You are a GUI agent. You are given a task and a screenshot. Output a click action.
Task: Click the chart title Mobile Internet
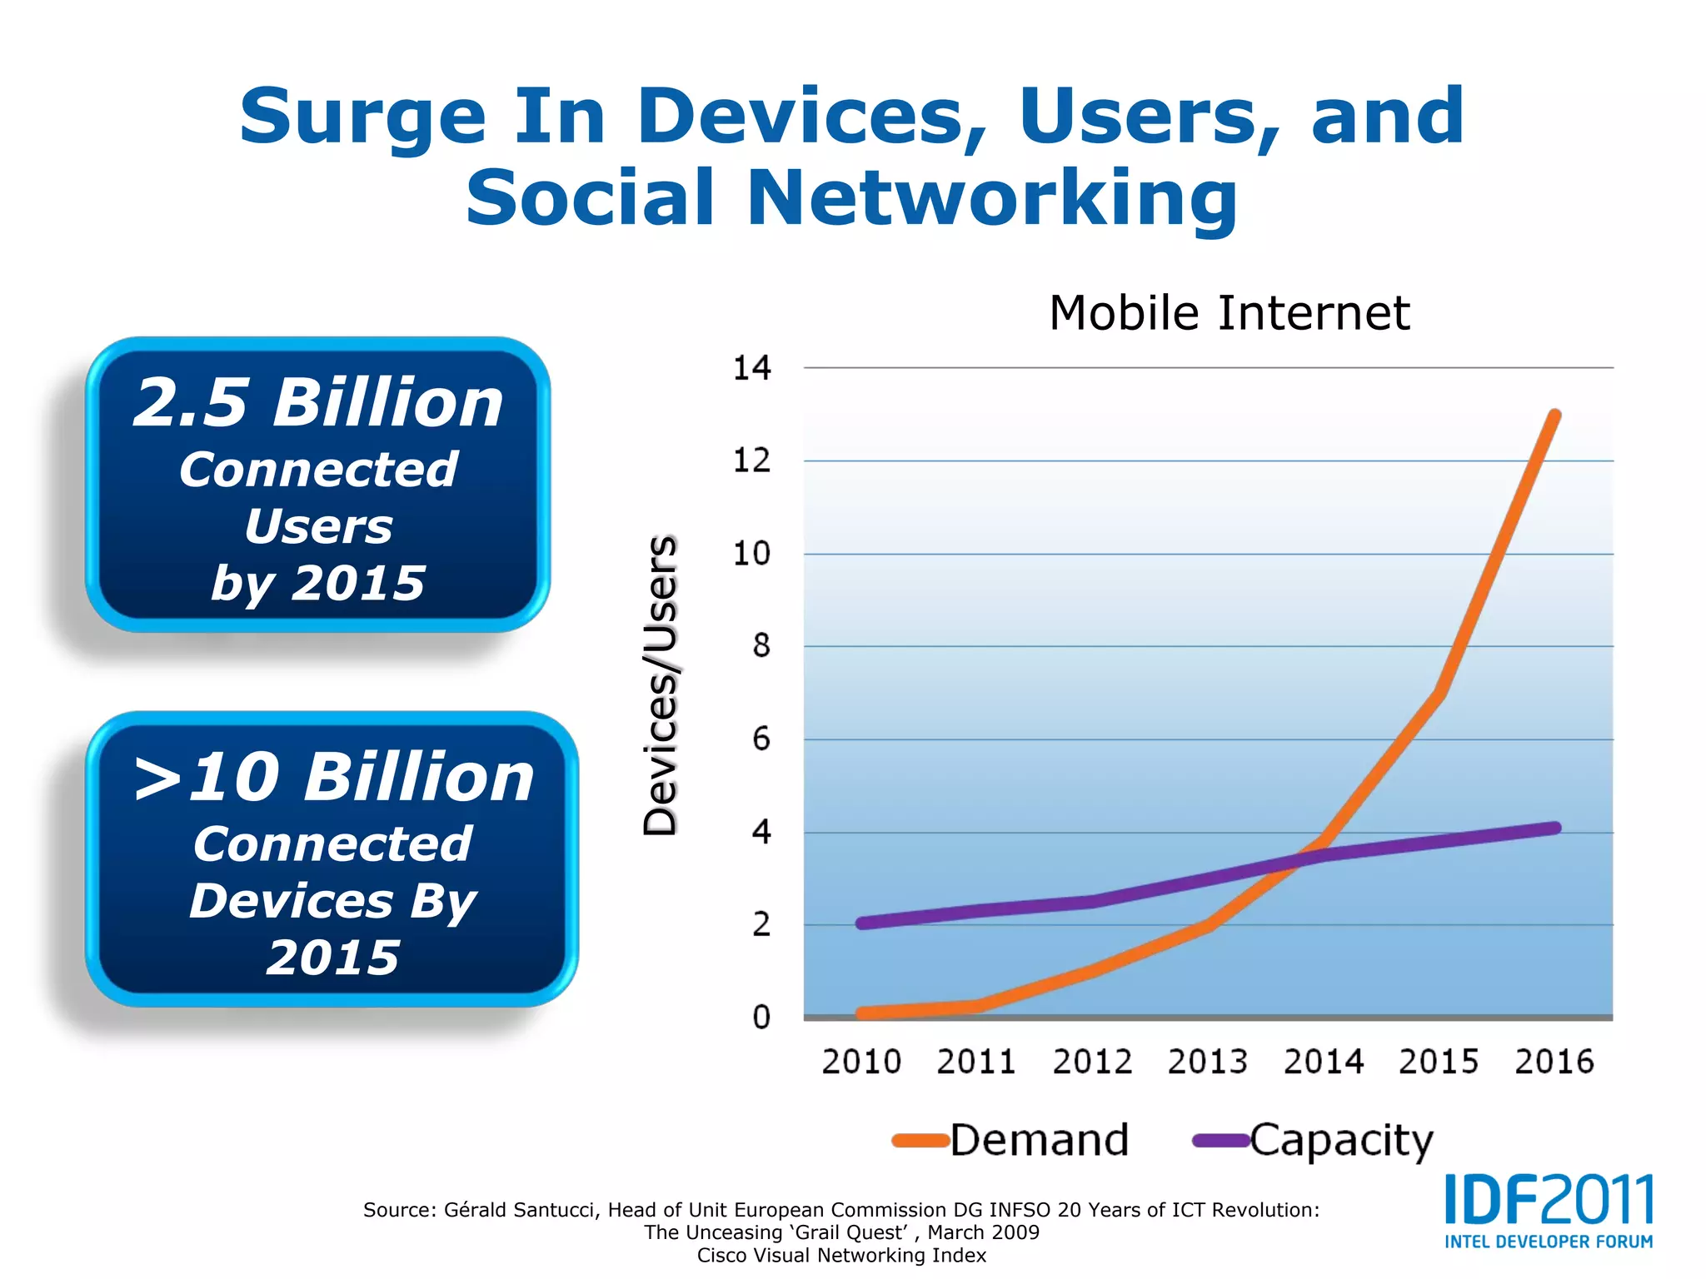coord(1229,313)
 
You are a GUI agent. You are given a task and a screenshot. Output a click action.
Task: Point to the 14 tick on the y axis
coord(751,368)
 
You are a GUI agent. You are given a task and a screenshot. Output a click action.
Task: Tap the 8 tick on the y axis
coord(761,646)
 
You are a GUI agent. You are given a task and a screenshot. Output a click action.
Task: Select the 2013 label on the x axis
coord(1207,1062)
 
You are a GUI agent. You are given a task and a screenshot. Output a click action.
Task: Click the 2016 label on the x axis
coord(1554,1062)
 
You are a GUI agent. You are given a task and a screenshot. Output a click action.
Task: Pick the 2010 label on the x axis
coord(861,1062)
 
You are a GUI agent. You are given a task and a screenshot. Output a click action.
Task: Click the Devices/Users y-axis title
coord(661,684)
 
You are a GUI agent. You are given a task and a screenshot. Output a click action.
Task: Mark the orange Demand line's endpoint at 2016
coord(1554,415)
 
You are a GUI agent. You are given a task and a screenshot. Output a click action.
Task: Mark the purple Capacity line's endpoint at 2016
coord(1554,828)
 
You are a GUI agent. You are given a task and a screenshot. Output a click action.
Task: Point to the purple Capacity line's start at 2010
coord(862,923)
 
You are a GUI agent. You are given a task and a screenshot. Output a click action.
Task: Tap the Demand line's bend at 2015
coord(1439,693)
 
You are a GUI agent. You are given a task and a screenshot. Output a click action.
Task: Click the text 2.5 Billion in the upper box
coord(318,403)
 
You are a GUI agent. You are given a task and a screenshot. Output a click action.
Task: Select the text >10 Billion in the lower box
coord(333,778)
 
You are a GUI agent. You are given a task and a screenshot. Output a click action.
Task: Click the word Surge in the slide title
coord(362,117)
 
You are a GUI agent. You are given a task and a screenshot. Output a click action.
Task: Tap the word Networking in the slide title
coord(992,198)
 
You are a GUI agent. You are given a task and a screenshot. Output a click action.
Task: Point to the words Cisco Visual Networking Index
coord(841,1256)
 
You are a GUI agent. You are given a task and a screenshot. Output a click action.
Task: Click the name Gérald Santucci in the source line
coord(521,1210)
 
